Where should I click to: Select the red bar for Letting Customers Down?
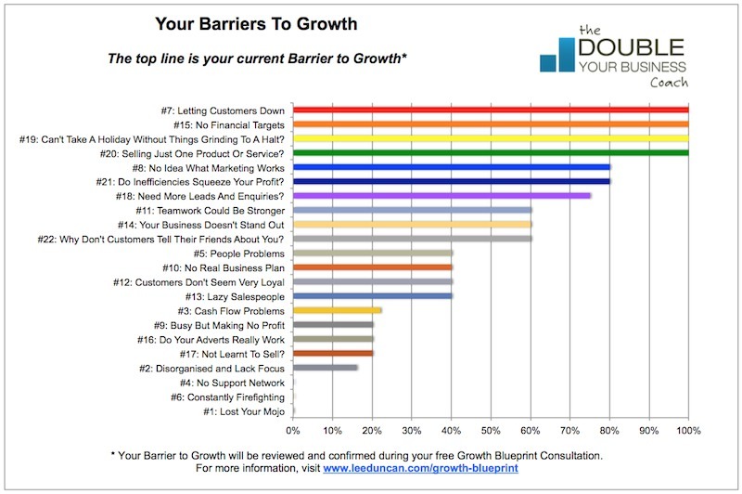coord(491,110)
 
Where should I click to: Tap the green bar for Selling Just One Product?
coord(491,152)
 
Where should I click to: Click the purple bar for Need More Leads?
coord(441,196)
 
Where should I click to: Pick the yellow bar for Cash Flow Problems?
coord(338,310)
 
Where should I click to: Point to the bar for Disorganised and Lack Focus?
coord(326,368)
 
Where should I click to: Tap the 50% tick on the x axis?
coord(491,431)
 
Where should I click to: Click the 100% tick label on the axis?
coord(688,431)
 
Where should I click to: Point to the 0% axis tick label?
coord(293,431)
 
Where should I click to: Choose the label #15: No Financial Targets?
coord(221,124)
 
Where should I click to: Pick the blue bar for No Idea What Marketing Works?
coord(452,167)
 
